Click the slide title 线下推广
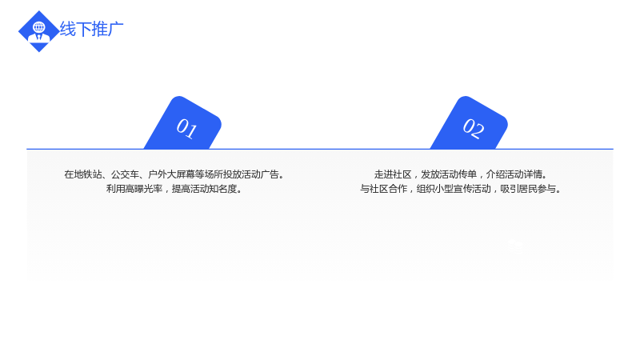tap(91, 30)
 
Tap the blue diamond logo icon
tap(38, 31)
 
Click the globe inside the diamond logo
tap(39, 28)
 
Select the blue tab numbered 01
tap(183, 123)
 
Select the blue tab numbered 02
tap(470, 123)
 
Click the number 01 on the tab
tap(187, 128)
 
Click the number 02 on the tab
tap(474, 128)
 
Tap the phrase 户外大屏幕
tap(171, 174)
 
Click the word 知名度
tap(223, 189)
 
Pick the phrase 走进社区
tap(393, 174)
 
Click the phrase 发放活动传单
tap(449, 174)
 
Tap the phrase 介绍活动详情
tap(514, 174)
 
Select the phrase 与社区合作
tap(384, 189)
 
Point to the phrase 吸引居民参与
tap(528, 189)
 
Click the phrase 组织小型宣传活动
tap(454, 189)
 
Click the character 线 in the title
tap(68, 30)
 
